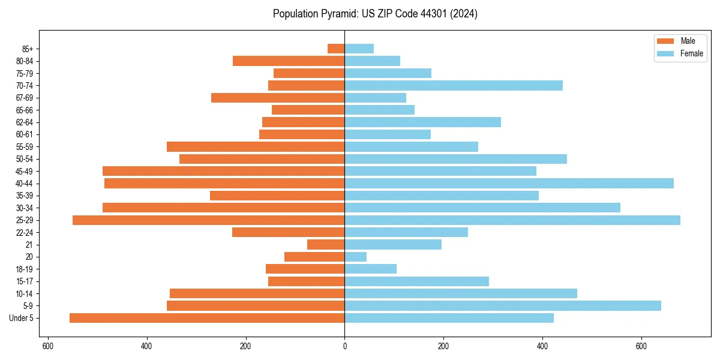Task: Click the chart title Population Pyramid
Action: [375, 14]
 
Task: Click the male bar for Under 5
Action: [207, 318]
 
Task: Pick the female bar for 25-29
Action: [512, 220]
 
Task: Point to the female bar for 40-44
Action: [509, 183]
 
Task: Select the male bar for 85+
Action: [336, 49]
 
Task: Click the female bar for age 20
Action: [355, 257]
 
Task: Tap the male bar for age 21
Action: [326, 245]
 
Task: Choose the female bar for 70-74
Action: [454, 85]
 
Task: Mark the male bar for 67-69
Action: [278, 98]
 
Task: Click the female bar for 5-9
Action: [503, 306]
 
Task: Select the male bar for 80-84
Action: [289, 61]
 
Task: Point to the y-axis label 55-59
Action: [25, 147]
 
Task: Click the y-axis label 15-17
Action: [25, 281]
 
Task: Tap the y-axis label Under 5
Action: [22, 318]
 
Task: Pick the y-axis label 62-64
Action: [25, 122]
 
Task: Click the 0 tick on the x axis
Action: [344, 346]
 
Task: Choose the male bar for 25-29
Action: [208, 220]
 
